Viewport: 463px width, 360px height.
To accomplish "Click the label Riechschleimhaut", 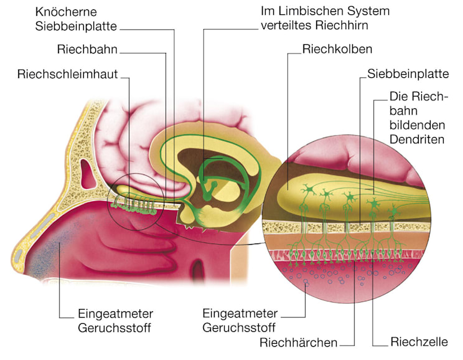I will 67,75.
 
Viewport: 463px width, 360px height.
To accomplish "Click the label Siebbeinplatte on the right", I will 408,74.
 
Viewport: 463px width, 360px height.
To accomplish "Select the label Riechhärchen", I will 299,342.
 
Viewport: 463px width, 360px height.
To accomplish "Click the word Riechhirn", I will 348,27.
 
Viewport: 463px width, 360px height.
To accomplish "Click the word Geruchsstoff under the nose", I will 116,326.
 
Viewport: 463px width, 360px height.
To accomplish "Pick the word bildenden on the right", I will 416,125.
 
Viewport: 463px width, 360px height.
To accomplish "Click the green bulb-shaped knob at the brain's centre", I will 213,185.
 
